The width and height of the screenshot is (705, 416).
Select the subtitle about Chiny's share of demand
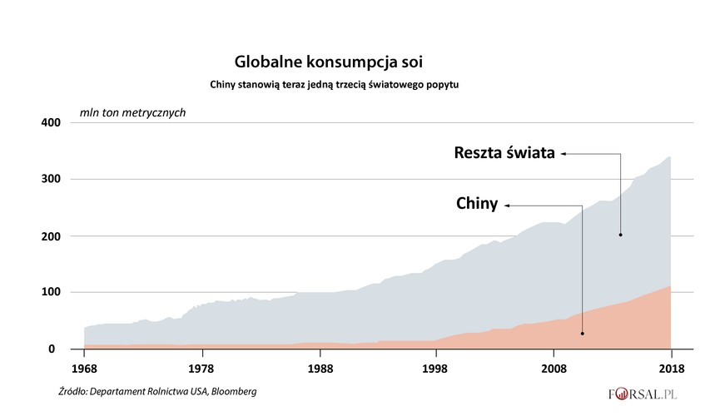click(x=334, y=85)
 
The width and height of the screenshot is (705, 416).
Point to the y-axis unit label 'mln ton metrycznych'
click(x=132, y=111)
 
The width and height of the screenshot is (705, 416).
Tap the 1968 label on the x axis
click(x=83, y=367)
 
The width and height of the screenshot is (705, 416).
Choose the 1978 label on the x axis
click(x=201, y=367)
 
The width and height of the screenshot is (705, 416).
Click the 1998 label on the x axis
click(x=436, y=367)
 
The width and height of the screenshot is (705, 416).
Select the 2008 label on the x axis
click(x=554, y=367)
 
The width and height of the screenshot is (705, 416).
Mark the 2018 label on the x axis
click(x=671, y=367)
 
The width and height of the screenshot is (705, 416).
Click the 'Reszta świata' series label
click(x=504, y=153)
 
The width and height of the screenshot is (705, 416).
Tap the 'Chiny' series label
click(x=477, y=204)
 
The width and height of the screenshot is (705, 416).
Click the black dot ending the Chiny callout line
click(x=582, y=334)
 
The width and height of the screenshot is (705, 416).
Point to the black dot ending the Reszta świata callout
click(x=621, y=235)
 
